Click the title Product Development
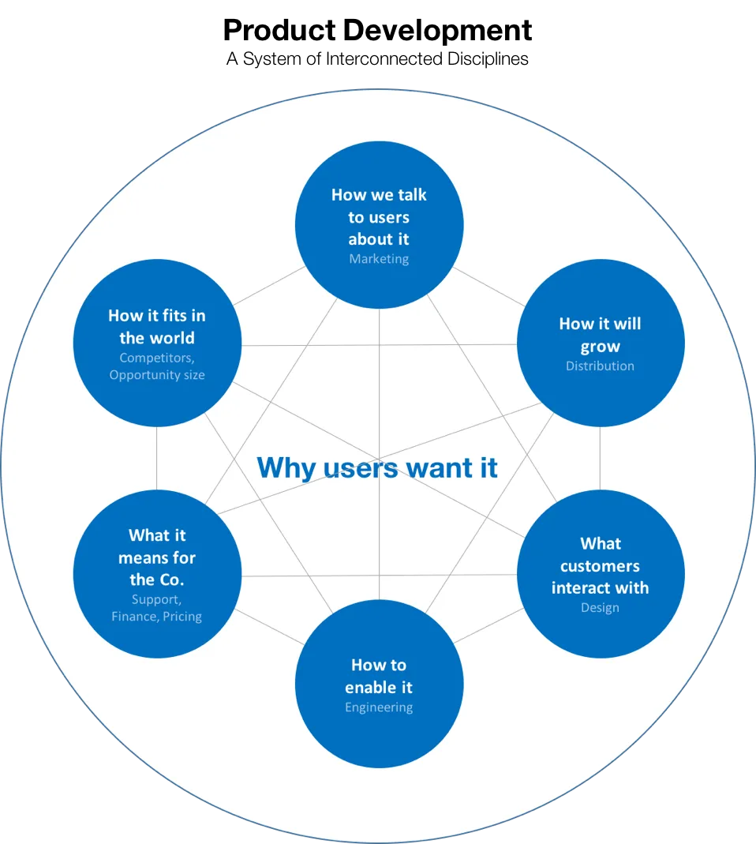378,31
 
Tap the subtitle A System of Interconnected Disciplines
378,58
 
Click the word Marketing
379,259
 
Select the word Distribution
600,366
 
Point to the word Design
600,608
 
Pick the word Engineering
379,707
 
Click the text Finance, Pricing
156,617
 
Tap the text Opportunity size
157,375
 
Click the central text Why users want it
377,467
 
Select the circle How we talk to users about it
380,225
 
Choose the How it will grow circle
601,343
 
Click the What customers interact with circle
601,574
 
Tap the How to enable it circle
380,684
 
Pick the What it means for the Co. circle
157,574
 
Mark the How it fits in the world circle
157,343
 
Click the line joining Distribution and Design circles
600,459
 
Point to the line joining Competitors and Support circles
156,459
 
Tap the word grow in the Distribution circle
600,347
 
